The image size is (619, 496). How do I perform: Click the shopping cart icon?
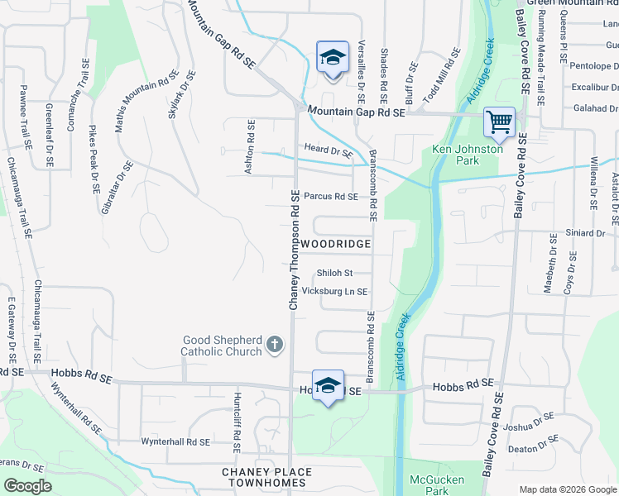click(x=500, y=122)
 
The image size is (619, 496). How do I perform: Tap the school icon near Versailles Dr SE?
click(x=332, y=58)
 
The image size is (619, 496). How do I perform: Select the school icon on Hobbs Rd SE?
click(x=329, y=384)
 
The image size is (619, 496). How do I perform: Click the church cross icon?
click(x=276, y=346)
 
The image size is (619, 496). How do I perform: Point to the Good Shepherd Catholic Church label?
click(x=222, y=346)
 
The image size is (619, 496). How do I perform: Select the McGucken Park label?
click(x=437, y=485)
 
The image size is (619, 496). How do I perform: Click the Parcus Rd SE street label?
click(x=330, y=197)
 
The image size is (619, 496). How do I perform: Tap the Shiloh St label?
click(x=334, y=273)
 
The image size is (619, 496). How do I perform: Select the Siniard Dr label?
click(x=585, y=234)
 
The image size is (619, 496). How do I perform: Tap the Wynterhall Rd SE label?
click(x=175, y=442)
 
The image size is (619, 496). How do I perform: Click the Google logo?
click(x=27, y=486)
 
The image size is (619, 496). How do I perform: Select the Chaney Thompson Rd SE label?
click(x=294, y=250)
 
